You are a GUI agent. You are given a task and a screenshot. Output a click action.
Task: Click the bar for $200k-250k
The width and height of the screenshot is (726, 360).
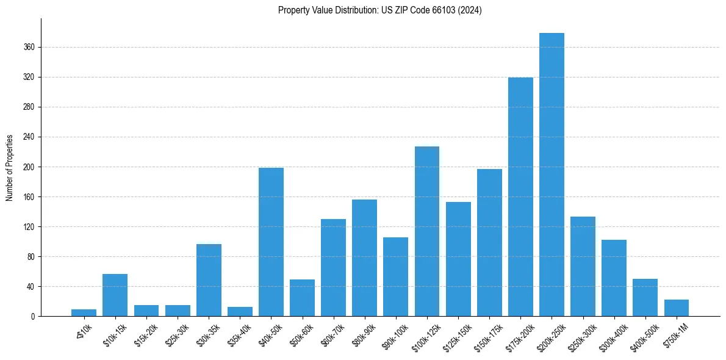click(552, 175)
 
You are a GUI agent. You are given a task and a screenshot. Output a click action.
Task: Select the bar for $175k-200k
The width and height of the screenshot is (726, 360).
click(520, 196)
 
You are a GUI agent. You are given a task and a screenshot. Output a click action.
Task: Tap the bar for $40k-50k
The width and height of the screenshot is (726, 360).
click(271, 242)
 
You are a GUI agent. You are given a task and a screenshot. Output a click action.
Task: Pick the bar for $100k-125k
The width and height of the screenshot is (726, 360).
click(427, 231)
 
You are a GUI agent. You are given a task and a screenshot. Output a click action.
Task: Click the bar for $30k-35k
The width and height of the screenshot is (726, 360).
click(209, 280)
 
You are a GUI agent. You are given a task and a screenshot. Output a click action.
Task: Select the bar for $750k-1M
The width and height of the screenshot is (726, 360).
click(676, 308)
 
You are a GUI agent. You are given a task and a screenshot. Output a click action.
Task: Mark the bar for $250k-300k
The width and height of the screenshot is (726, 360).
click(583, 266)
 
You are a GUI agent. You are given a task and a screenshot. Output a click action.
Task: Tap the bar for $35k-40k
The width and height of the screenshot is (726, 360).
click(240, 312)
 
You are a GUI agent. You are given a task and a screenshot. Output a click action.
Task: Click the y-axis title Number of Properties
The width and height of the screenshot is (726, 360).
click(10, 167)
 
